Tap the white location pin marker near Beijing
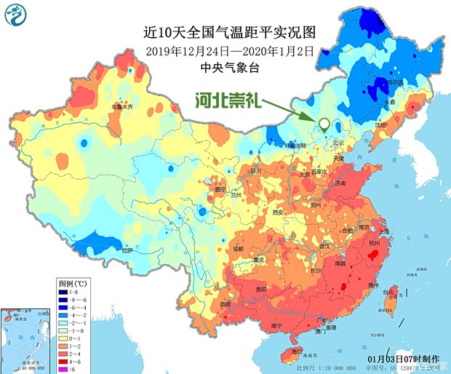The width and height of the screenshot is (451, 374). (x=323, y=125)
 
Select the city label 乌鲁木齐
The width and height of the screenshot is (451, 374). (x=121, y=107)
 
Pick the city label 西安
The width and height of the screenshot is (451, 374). (x=277, y=212)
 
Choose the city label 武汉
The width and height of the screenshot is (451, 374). (x=324, y=244)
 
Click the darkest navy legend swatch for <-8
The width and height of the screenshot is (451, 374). (x=63, y=290)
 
